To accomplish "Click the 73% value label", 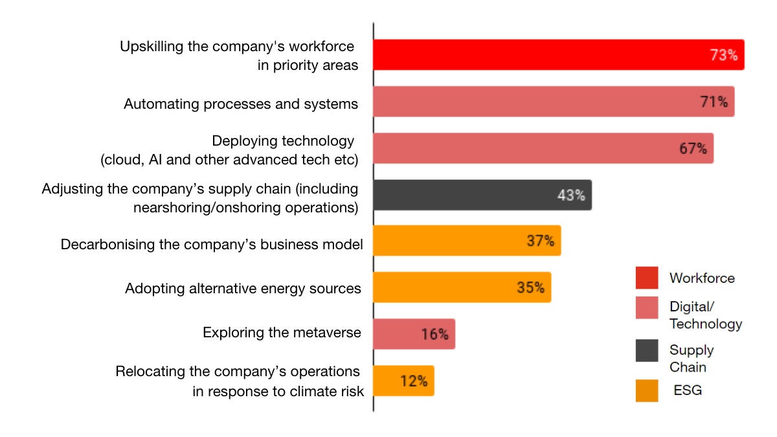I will tap(724, 55).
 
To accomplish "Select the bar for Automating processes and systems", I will tap(554, 102).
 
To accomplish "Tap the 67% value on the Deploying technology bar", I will tap(693, 148).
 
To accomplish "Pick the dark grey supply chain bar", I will tap(482, 195).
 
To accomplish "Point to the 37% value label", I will tap(540, 241).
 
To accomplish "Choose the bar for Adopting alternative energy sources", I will tap(462, 287).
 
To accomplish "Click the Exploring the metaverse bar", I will tap(414, 334).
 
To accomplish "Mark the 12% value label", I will tap(414, 381).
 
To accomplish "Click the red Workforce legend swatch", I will tap(646, 278).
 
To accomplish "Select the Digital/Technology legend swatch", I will tap(646, 308).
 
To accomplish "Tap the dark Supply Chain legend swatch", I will tap(646, 350).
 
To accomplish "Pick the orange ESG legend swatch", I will tap(646, 390).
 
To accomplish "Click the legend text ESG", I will tap(688, 390).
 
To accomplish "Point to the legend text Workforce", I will tap(702, 278).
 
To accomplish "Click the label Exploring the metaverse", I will tap(282, 333).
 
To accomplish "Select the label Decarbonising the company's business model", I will tap(212, 245).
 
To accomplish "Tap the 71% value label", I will tap(714, 102).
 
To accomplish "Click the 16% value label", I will tap(434, 334).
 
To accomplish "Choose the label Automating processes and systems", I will tap(241, 104).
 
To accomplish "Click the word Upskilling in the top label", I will tap(150, 47).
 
